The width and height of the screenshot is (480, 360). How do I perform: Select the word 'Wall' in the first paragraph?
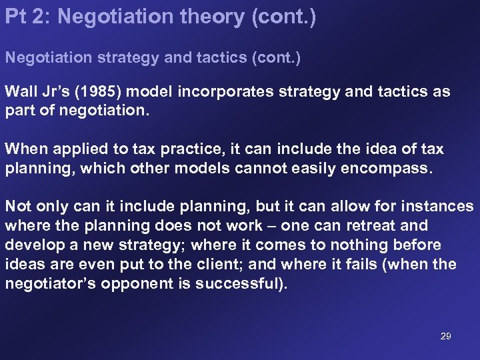(x=21, y=91)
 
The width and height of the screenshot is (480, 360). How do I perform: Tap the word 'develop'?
(x=33, y=245)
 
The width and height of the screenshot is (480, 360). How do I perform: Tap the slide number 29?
(x=445, y=336)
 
